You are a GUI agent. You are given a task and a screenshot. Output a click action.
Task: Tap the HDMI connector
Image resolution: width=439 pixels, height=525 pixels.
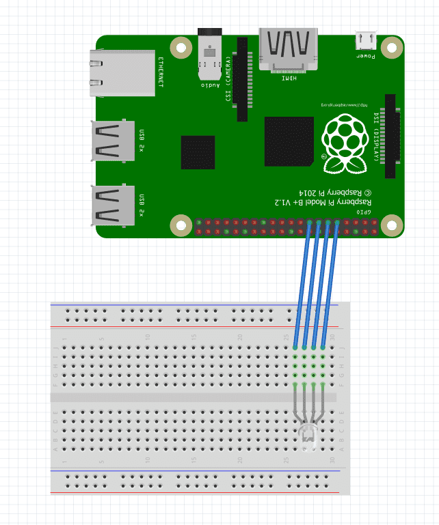point(288,49)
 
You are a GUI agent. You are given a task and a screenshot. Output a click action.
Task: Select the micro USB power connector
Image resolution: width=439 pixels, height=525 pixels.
point(365,40)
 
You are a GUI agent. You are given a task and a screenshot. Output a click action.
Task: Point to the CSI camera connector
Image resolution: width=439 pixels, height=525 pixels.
point(242,79)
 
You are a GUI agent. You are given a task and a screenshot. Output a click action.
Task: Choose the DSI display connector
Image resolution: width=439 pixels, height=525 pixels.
point(390,137)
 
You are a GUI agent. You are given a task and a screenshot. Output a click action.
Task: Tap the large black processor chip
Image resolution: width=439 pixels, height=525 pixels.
point(289,141)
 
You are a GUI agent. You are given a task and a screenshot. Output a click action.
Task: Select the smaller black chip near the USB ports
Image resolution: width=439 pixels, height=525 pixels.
point(198,152)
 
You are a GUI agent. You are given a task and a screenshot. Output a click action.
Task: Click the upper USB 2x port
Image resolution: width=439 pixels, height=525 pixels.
point(113,141)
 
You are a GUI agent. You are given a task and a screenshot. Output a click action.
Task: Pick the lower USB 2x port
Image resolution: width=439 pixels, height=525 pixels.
point(113,205)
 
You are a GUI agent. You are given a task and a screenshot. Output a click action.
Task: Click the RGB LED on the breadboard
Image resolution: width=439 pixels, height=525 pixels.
point(308,434)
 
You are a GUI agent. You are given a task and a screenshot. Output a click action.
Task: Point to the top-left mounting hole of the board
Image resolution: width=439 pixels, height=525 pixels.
point(181,48)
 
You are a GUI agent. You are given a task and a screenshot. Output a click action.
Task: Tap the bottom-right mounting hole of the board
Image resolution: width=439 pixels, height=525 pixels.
point(391,225)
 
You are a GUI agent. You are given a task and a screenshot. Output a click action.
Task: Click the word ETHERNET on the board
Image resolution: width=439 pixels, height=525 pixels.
point(161,73)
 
